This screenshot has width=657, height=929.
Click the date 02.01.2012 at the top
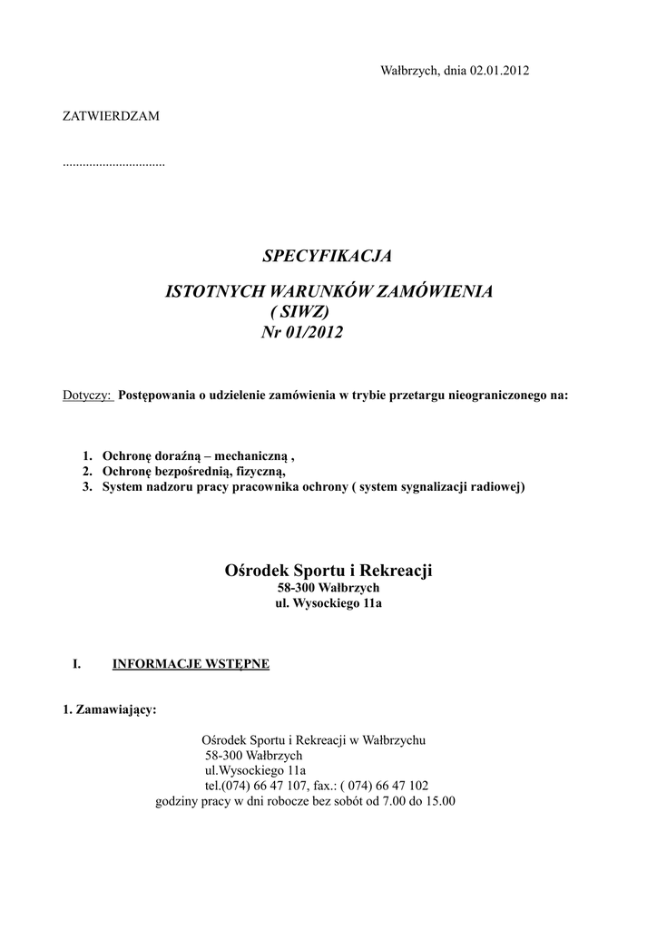tap(499, 71)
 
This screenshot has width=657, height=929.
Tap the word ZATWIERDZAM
tap(111, 116)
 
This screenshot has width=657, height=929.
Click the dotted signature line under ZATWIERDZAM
tap(113, 164)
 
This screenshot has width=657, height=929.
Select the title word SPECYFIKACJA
tap(328, 256)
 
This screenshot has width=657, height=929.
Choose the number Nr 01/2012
tap(302, 333)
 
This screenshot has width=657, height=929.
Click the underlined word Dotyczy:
tap(87, 396)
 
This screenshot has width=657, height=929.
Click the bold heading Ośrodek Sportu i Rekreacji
tap(328, 571)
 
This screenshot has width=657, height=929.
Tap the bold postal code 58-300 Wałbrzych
tap(328, 588)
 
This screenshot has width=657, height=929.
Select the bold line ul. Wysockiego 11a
tap(328, 603)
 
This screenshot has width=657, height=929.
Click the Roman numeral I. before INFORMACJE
tap(77, 664)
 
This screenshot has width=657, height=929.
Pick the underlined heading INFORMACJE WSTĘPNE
tap(191, 664)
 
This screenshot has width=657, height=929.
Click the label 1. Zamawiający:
tap(110, 709)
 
